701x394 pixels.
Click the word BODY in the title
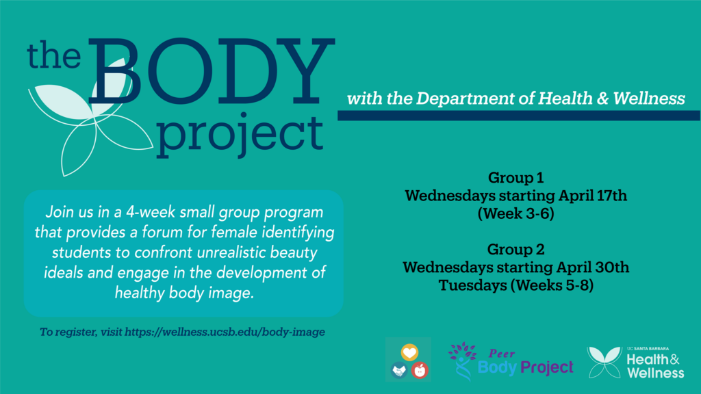(x=211, y=71)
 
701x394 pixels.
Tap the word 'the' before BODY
(x=53, y=55)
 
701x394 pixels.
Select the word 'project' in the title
(x=240, y=134)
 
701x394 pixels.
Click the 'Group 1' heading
(x=516, y=178)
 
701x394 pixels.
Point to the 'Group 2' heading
(x=516, y=249)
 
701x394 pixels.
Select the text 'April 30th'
(x=593, y=267)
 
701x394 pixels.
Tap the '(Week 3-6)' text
(x=516, y=213)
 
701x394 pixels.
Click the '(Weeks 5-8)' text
(x=552, y=285)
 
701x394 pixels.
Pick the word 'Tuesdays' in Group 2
(x=472, y=285)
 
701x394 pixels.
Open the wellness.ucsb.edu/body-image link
(x=225, y=332)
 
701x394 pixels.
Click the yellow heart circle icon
(x=409, y=352)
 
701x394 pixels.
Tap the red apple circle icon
(x=420, y=370)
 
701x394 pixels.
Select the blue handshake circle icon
(x=399, y=370)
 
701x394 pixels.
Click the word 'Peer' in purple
(x=502, y=354)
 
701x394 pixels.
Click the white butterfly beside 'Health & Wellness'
(x=604, y=363)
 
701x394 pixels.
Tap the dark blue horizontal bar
(x=519, y=116)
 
